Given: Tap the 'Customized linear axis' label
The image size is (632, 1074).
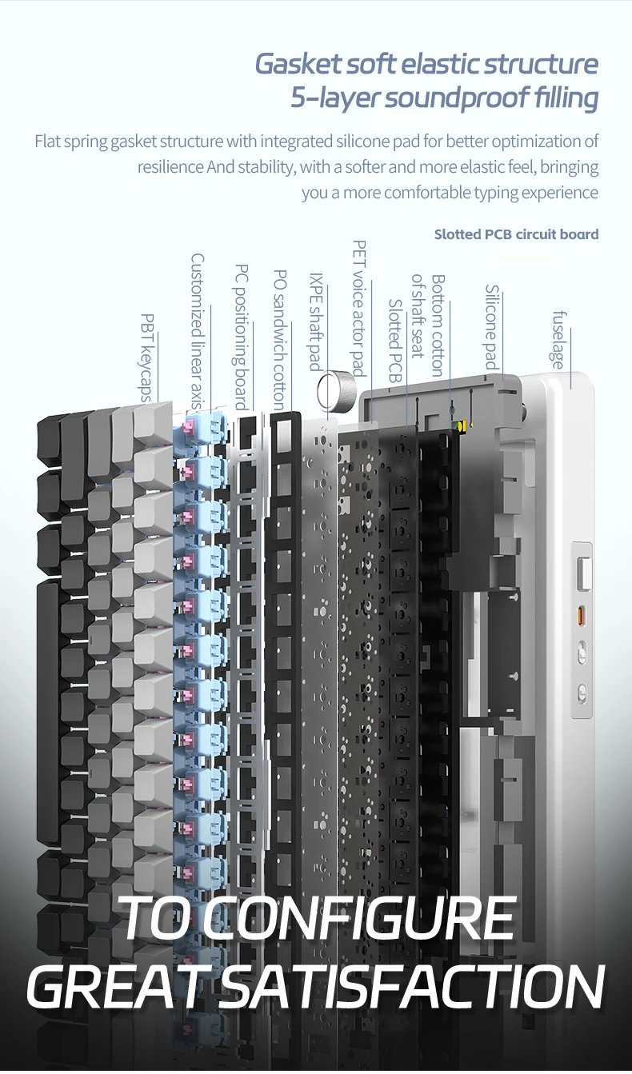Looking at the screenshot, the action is tap(198, 331).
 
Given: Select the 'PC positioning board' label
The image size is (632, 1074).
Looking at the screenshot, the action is tap(241, 337).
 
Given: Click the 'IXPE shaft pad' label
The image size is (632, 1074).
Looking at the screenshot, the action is tap(316, 322).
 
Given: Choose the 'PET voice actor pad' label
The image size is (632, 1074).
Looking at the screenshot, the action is tap(359, 309).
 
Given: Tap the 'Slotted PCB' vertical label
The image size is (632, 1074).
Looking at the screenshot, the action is tap(394, 341).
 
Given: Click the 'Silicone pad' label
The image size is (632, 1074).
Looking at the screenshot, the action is tap(492, 327).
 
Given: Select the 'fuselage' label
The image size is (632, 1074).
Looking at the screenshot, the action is tap(558, 340).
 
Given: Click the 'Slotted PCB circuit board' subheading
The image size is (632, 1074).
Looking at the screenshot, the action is tap(517, 234).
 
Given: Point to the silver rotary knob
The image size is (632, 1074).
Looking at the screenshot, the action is tap(337, 386).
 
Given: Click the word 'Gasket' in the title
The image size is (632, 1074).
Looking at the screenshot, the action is tap(298, 64).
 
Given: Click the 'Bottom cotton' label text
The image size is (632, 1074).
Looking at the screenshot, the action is tap(438, 325).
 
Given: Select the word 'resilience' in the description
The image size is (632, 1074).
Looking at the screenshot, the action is tap(170, 167).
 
